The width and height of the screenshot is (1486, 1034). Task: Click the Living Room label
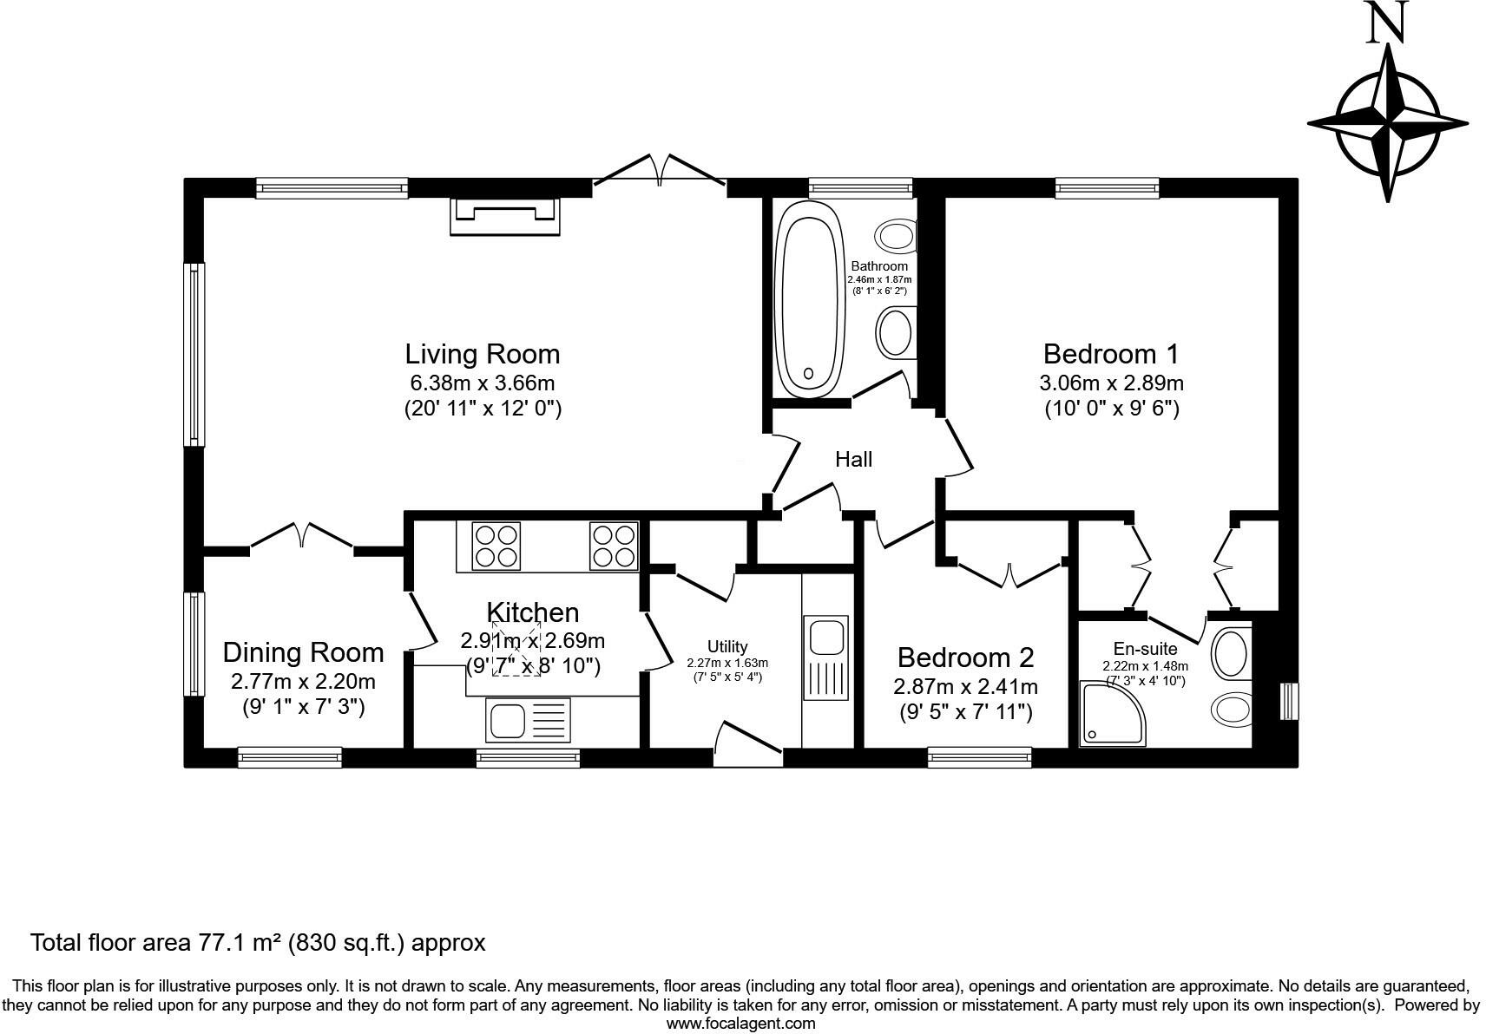coord(483,354)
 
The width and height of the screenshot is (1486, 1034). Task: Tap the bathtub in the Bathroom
coord(809,299)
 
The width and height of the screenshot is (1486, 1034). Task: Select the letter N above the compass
coord(1386,24)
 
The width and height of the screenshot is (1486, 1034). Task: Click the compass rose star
coord(1389,124)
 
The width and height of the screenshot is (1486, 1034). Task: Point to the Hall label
coord(853,460)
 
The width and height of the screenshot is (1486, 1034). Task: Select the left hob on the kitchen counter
coord(496,546)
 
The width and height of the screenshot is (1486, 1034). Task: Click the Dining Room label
coord(303,652)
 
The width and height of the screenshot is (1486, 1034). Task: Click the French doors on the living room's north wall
coord(660,170)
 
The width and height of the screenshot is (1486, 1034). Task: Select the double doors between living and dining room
coord(302,537)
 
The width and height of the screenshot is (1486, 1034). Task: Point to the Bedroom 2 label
coord(965,658)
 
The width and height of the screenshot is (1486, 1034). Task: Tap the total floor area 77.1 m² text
coord(258,942)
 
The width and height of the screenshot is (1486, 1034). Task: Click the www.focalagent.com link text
coord(740,1023)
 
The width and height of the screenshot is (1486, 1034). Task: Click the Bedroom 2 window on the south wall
coord(979,757)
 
